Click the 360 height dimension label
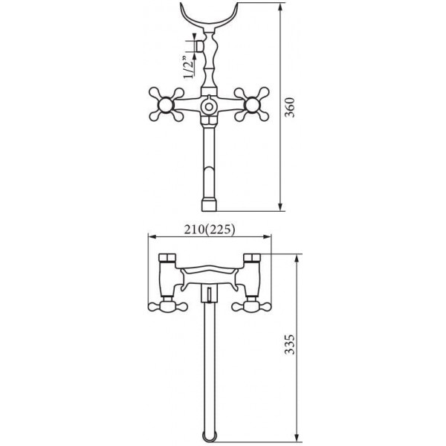tap(290, 108)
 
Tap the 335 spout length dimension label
tap(290, 344)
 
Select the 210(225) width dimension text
tap(210, 229)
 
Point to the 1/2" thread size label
tap(188, 68)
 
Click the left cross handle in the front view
tap(167, 105)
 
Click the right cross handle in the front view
tap(251, 105)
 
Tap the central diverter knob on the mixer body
tap(209, 106)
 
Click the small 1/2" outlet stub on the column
tap(200, 46)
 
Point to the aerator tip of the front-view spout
tap(209, 205)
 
